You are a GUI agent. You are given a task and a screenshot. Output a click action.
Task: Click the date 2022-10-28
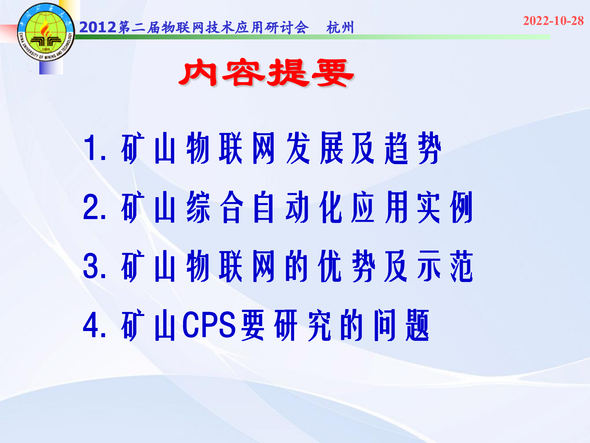tap(553, 21)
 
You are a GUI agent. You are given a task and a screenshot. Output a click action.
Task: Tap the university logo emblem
tap(46, 32)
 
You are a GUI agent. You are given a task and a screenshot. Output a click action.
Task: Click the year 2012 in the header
tap(98, 27)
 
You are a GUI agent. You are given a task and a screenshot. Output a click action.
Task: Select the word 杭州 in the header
tap(340, 28)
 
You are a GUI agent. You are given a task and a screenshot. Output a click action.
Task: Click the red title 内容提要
tap(266, 73)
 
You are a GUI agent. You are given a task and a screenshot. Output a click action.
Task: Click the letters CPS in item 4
tap(209, 325)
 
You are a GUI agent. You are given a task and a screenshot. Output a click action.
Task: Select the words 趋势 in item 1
tap(413, 148)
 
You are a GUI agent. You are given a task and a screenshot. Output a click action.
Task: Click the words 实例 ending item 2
tap(445, 207)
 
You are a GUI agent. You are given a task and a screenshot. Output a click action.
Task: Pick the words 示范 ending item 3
tap(445, 266)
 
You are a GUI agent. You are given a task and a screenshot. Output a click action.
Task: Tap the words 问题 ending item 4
tap(401, 325)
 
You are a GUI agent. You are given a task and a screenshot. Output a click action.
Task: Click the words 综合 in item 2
tap(215, 207)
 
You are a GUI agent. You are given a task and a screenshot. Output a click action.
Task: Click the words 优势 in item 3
tap(347, 266)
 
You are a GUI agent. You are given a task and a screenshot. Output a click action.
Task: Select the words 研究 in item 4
tap(303, 325)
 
